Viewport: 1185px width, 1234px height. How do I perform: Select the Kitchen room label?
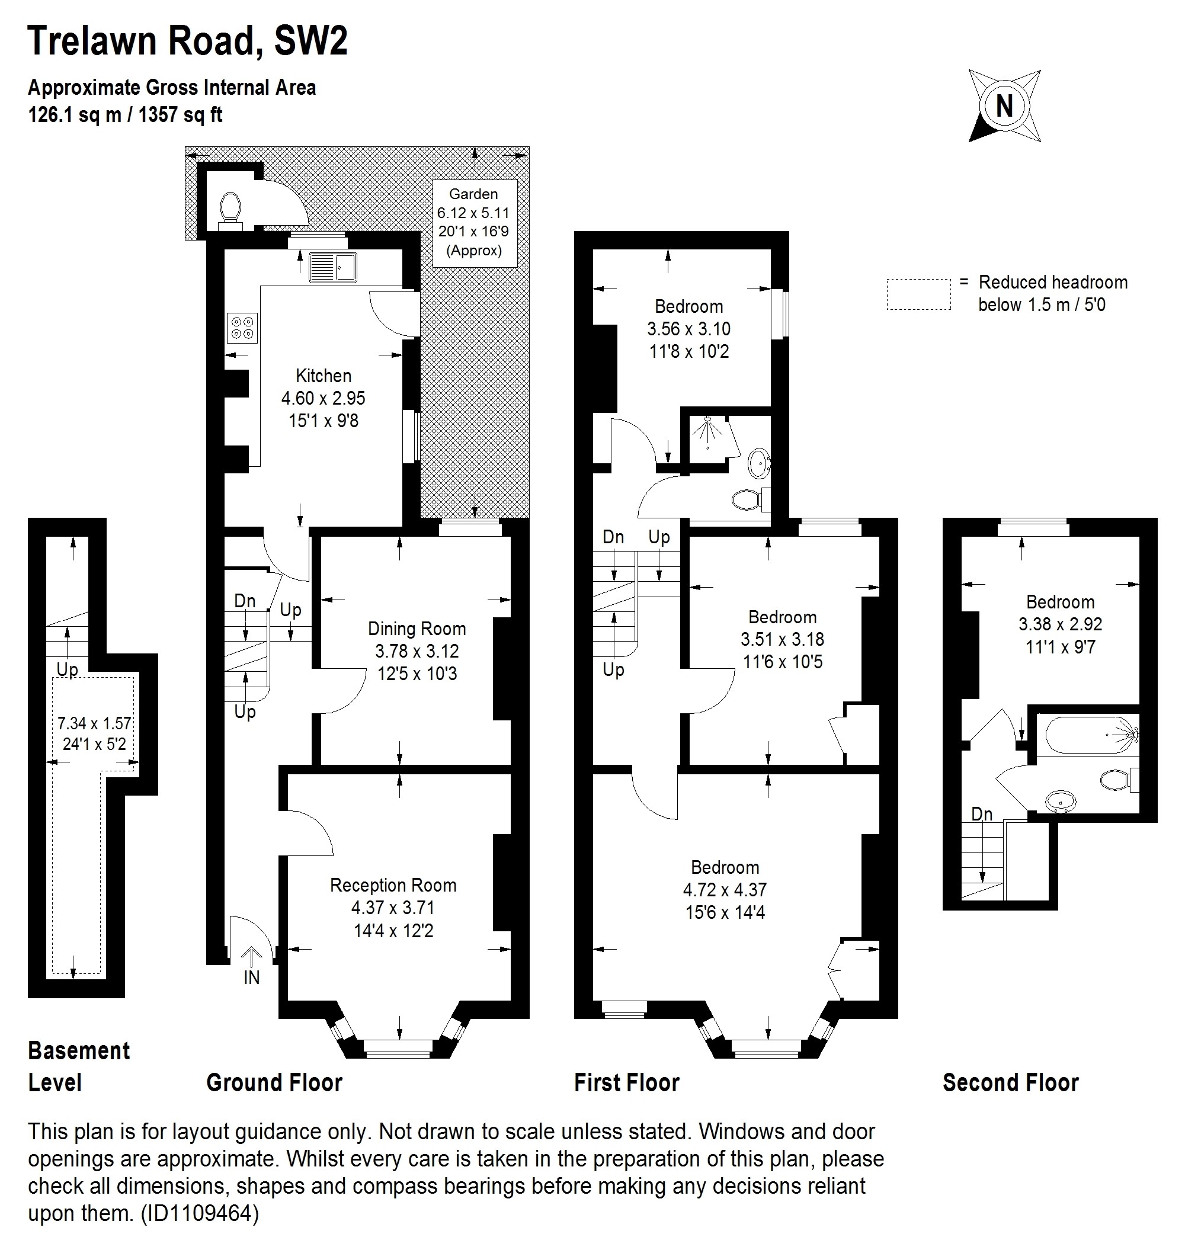[x=324, y=376]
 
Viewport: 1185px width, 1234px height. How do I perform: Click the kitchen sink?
[x=332, y=268]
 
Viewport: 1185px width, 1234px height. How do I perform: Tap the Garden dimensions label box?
[x=474, y=222]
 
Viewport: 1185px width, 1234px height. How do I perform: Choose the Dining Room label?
[x=417, y=629]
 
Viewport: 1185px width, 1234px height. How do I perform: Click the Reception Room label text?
[x=393, y=885]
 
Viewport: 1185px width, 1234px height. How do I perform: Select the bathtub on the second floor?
[x=1088, y=735]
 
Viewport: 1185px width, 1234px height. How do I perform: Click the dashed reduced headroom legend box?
[x=918, y=294]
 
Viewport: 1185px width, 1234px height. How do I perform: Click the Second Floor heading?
[x=1011, y=1083]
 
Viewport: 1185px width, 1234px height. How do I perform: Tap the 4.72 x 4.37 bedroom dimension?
[x=725, y=890]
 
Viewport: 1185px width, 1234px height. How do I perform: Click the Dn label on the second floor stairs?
[x=982, y=814]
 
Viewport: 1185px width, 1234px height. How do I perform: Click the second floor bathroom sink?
[x=1061, y=802]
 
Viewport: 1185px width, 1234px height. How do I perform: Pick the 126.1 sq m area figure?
[x=75, y=115]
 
